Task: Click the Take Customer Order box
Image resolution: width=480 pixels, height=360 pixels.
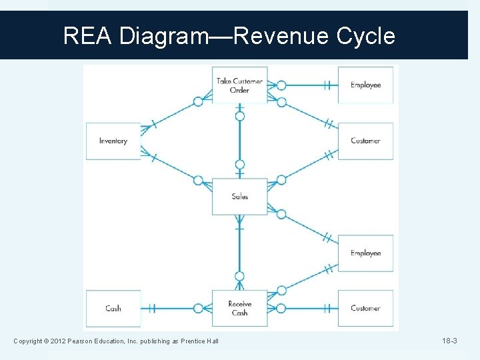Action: click(x=239, y=85)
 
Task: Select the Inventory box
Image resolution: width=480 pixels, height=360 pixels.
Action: click(x=113, y=141)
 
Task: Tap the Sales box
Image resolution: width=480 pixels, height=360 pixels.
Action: click(x=239, y=197)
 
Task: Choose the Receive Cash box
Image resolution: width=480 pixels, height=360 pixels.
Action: click(x=239, y=308)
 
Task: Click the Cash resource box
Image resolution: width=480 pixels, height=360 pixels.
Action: click(x=113, y=308)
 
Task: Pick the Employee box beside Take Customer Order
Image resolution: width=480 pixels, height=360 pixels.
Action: click(x=365, y=85)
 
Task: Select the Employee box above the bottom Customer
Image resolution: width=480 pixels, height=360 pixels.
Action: click(x=365, y=253)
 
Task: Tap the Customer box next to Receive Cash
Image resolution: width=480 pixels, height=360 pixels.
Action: click(x=365, y=308)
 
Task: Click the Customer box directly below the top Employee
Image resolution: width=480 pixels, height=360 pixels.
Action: click(x=365, y=141)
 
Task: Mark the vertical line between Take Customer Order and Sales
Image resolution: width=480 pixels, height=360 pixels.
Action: click(x=240, y=140)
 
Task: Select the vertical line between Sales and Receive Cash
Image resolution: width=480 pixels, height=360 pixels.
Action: click(x=240, y=250)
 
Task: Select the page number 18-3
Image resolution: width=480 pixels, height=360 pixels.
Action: click(x=449, y=341)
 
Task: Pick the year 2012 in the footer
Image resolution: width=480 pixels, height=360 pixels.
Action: click(x=55, y=342)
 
